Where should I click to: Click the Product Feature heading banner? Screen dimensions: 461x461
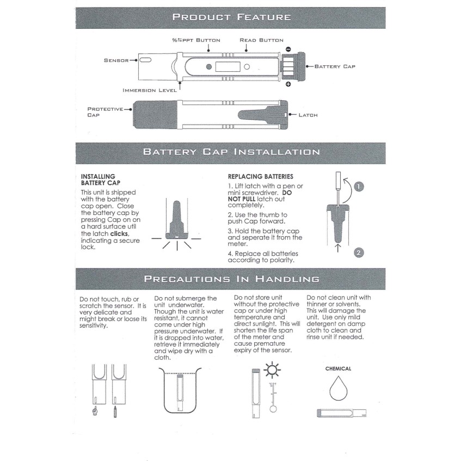[x=231, y=17]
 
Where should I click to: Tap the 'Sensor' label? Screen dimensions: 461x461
[x=116, y=60]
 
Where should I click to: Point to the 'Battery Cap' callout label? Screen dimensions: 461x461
[x=335, y=66]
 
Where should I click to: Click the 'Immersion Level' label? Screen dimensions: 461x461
[x=150, y=90]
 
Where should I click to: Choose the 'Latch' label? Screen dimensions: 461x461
[x=308, y=115]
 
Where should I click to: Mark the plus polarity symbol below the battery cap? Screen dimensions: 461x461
[x=288, y=84]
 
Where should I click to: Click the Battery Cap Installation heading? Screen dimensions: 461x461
[x=231, y=152]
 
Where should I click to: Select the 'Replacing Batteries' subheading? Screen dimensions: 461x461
[x=260, y=176]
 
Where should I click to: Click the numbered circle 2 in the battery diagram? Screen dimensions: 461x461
[x=358, y=251]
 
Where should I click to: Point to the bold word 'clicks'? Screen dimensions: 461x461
[x=120, y=233]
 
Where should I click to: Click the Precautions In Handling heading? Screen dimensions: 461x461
[x=231, y=279]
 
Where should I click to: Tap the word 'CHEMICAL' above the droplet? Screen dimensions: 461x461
[x=338, y=368]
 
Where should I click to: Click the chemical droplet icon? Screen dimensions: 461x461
[x=339, y=388]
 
